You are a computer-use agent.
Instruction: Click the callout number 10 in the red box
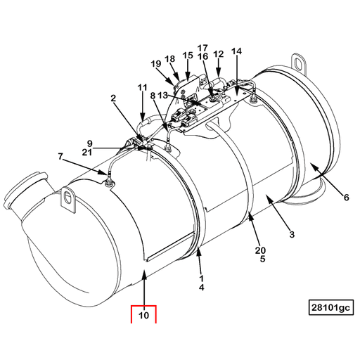click(143, 316)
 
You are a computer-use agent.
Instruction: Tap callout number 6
click(346, 198)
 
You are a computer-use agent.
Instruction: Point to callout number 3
click(290, 233)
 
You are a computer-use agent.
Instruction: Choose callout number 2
click(112, 100)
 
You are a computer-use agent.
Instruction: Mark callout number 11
click(142, 88)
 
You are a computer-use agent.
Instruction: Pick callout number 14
click(236, 52)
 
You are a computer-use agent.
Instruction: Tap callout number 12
click(218, 53)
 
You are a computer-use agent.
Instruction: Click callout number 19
click(155, 65)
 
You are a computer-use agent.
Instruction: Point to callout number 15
click(187, 55)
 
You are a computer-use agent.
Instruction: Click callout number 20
click(259, 250)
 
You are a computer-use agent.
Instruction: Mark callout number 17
click(202, 47)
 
